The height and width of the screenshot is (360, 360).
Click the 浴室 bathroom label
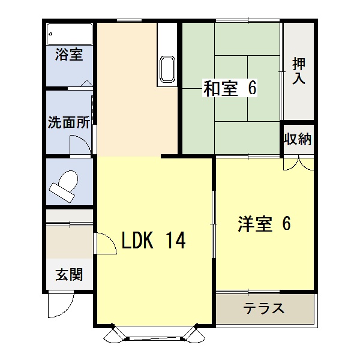69,55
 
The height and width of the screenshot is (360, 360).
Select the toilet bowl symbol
64,187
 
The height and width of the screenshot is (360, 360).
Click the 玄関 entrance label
69,275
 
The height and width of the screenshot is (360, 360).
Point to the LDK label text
137,241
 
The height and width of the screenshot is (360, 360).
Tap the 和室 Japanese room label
221,88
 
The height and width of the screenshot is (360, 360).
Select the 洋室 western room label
255,224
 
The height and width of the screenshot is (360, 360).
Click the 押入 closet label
299,71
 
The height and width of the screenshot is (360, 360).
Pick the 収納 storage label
298,139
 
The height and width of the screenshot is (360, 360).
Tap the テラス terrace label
264,308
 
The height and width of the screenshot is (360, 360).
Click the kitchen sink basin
167,69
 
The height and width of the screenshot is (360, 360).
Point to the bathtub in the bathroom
70,34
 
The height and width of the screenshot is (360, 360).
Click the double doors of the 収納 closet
299,164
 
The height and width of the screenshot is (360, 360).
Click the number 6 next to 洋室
287,223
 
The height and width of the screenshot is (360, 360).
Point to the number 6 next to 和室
252,88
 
